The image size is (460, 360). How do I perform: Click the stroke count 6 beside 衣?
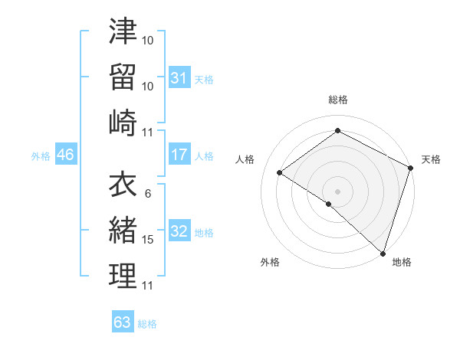[148, 194]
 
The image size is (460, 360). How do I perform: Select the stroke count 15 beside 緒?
[148, 240]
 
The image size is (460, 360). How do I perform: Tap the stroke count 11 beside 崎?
[148, 131]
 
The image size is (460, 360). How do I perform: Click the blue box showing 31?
[179, 77]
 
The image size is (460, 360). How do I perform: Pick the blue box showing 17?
[179, 155]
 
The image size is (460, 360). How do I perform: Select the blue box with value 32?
[179, 232]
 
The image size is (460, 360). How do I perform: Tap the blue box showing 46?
[65, 155]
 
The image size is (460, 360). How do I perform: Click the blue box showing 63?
[122, 322]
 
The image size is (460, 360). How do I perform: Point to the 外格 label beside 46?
[41, 156]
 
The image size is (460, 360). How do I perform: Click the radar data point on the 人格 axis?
[280, 173]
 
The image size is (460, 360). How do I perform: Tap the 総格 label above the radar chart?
[338, 100]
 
